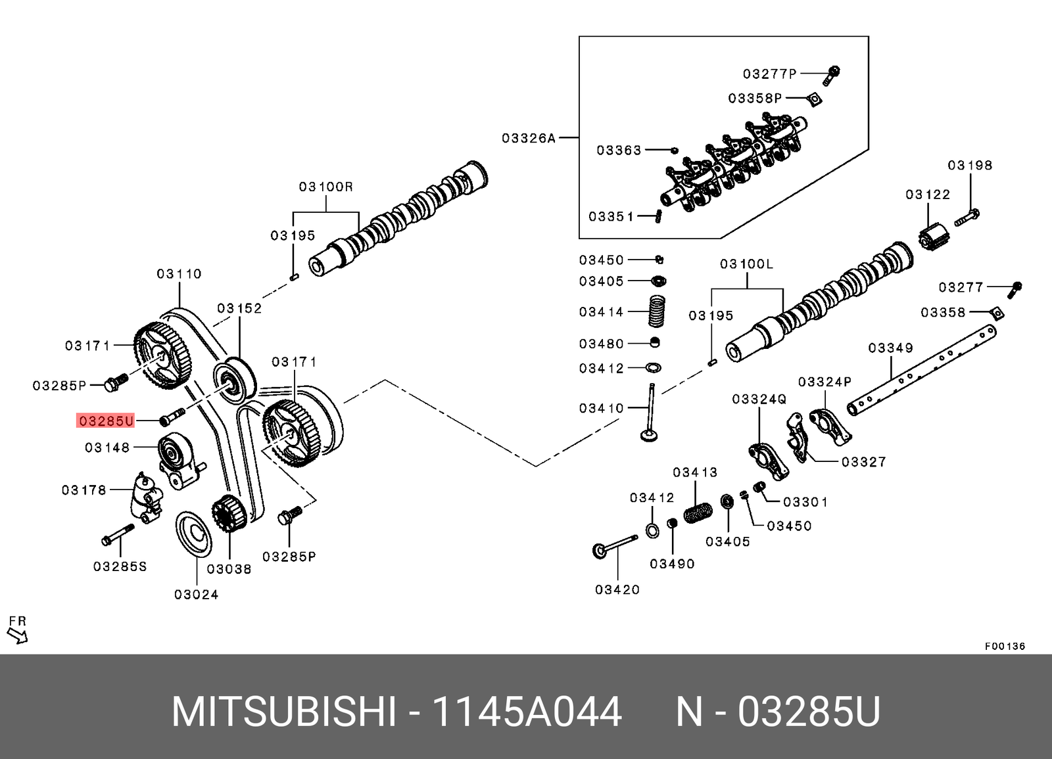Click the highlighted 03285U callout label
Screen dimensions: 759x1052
click(106, 421)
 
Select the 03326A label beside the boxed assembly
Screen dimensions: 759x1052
click(528, 138)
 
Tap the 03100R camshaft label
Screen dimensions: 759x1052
click(326, 187)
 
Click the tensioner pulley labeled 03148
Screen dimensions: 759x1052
click(172, 452)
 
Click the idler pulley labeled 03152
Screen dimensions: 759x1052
click(235, 380)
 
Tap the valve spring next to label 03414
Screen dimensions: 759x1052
click(657, 311)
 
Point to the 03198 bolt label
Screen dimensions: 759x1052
click(970, 166)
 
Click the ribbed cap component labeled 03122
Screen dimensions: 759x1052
click(934, 237)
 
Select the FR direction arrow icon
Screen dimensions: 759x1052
click(17, 635)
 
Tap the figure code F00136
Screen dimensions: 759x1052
click(1004, 646)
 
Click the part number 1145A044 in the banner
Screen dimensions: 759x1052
click(526, 711)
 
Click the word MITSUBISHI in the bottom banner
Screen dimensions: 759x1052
click(284, 711)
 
